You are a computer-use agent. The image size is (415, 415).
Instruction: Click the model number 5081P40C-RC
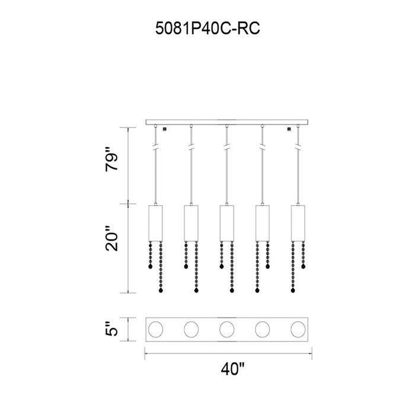[207, 28]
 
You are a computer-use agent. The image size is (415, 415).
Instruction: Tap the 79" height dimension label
[111, 159]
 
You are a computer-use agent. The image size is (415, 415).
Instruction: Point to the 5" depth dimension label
[111, 329]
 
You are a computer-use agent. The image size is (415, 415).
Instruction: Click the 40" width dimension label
[233, 369]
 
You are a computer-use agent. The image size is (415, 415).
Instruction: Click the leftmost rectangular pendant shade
[155, 223]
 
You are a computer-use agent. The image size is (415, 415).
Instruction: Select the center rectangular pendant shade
[227, 223]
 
